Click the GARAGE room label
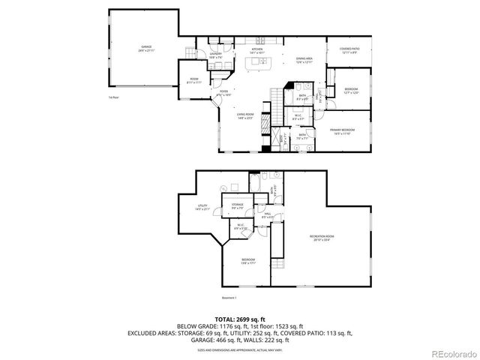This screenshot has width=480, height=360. pos(145,48)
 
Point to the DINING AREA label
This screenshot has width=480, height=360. pos(303,59)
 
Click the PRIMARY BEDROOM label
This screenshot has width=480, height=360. pos(342,130)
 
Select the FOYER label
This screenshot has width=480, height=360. pos(223,92)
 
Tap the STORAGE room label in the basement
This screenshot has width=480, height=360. pos(237,205)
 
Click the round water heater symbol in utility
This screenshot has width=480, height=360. pos(234,187)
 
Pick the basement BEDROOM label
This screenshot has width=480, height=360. pos(247,260)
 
